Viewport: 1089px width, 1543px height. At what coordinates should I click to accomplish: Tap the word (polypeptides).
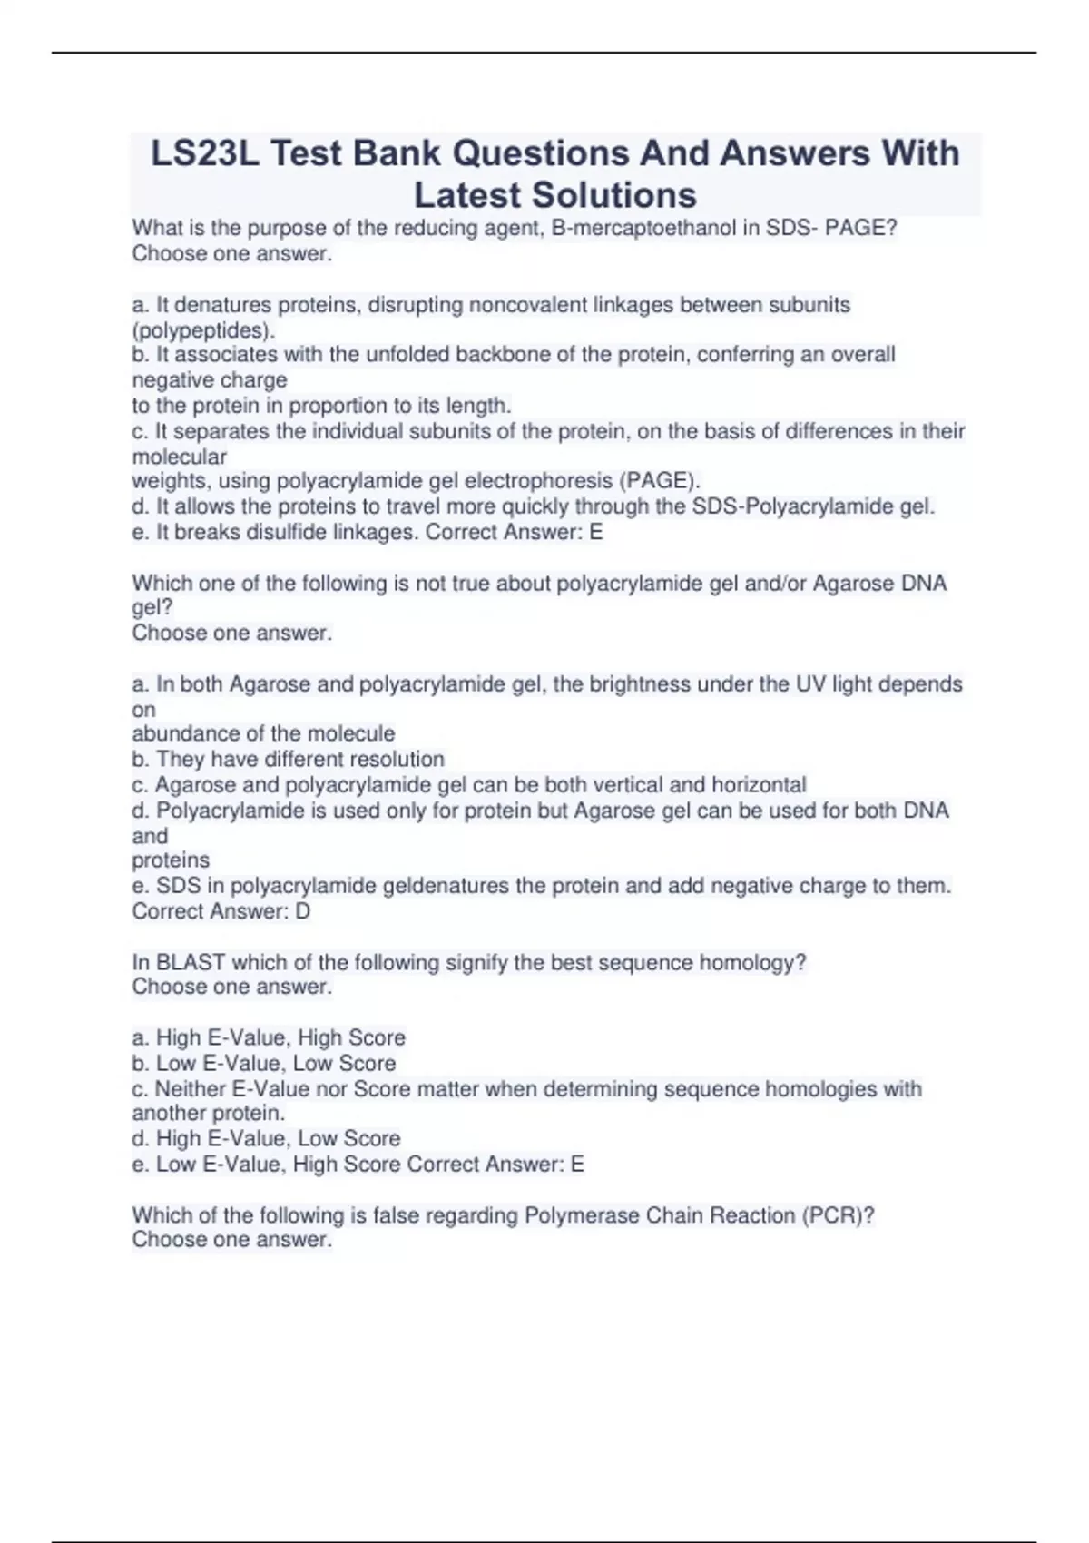point(203,329)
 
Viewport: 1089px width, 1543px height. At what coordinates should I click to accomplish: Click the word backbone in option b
point(514,354)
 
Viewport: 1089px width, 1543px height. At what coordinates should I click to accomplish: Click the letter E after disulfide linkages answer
point(595,532)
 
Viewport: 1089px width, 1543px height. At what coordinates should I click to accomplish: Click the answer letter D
point(302,911)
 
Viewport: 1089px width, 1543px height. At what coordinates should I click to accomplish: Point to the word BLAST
point(191,962)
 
